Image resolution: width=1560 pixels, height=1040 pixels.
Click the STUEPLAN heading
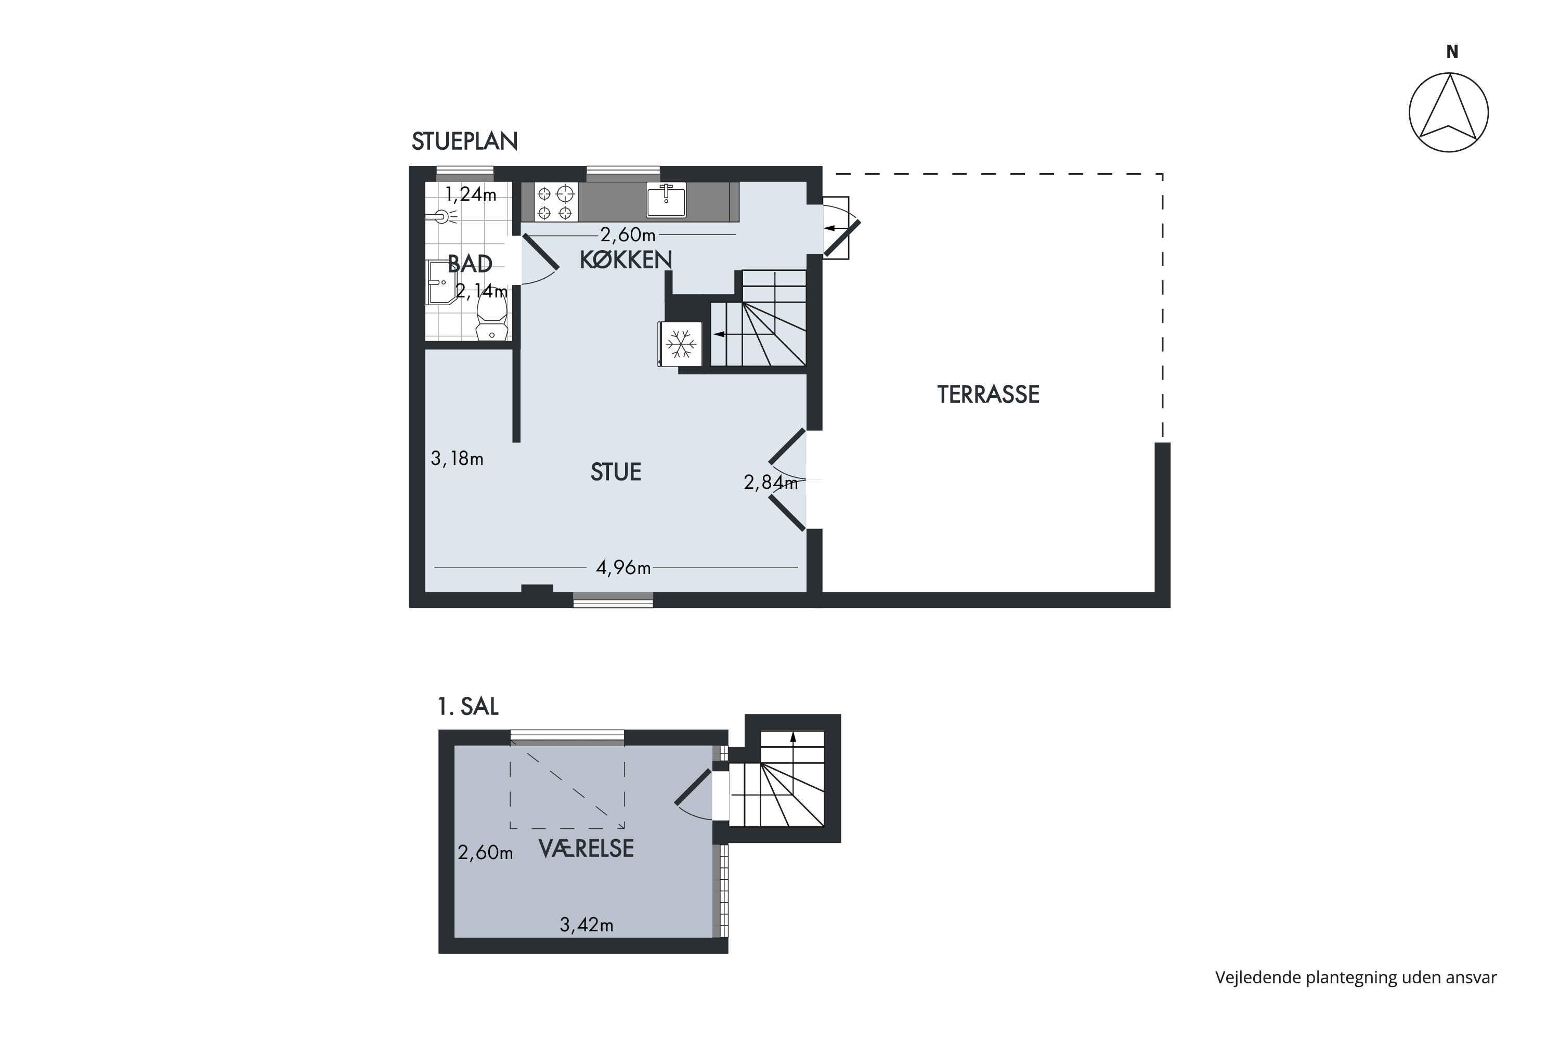point(464,141)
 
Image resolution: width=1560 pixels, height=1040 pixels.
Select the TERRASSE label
point(987,395)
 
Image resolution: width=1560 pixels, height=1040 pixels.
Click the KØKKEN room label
point(626,259)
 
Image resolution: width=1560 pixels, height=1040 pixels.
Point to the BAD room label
point(470,264)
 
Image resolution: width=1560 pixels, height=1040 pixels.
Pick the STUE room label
point(616,472)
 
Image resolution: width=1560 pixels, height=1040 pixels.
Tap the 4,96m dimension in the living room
point(623,568)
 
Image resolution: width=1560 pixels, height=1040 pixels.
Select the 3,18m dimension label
point(457,458)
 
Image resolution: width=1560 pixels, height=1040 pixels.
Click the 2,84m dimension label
point(771,482)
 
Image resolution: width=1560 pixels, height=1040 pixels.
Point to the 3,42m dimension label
point(587,925)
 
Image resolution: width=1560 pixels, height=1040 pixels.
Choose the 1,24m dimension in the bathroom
point(470,194)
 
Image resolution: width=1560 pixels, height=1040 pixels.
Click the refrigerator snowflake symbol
point(681,344)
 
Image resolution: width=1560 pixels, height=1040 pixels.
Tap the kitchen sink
point(666,200)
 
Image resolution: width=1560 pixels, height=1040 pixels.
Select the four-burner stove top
point(555,202)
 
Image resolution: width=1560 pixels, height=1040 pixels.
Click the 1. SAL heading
point(467,706)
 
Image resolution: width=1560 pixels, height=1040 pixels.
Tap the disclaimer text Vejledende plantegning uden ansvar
point(1356,978)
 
